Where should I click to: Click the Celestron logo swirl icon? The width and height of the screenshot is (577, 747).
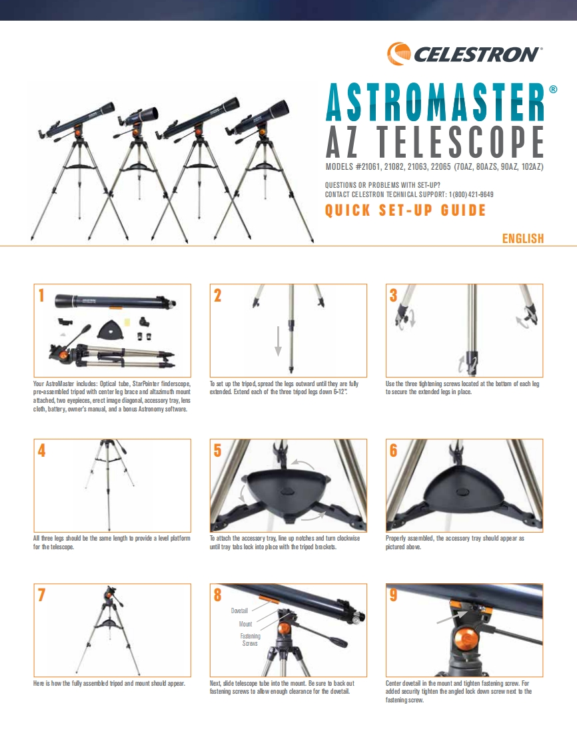(x=398, y=53)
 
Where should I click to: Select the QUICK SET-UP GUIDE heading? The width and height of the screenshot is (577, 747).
(x=405, y=211)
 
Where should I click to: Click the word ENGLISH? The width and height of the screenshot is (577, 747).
(x=522, y=238)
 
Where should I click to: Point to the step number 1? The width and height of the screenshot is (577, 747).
(x=42, y=296)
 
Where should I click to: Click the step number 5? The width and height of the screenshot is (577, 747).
(x=218, y=450)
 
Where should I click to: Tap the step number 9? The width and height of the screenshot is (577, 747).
(x=394, y=595)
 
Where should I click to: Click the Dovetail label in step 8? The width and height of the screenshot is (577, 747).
(x=239, y=611)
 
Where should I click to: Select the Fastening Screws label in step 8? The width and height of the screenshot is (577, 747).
(x=251, y=640)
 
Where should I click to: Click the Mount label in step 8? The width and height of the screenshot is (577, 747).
(x=245, y=624)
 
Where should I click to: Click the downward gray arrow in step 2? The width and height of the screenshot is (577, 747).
(x=279, y=341)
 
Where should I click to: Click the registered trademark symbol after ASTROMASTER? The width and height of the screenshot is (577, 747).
(x=552, y=90)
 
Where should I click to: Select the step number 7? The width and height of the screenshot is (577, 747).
(x=42, y=595)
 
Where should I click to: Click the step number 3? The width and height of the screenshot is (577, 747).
(x=394, y=296)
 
